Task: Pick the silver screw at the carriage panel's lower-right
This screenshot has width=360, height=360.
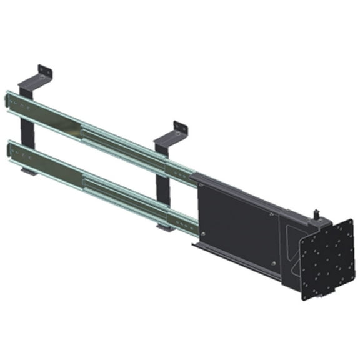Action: click(273, 262)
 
